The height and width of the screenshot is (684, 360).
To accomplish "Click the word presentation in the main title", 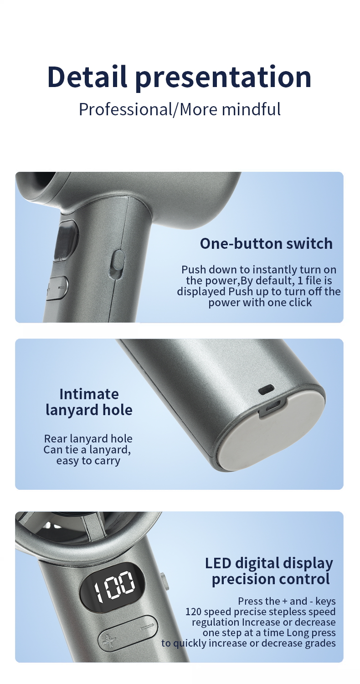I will [x=223, y=77].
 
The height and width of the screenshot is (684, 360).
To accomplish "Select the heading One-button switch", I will [x=266, y=243].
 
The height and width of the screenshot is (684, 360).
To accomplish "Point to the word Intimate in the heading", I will [x=89, y=394].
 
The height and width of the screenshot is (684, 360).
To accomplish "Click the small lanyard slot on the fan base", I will [x=266, y=390].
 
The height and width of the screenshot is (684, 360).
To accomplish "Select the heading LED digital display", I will [x=269, y=563].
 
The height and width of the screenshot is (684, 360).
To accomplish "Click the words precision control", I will [x=271, y=579].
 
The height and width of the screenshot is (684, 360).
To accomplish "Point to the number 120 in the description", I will [x=194, y=612].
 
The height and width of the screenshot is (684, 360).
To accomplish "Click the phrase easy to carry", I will [x=88, y=461].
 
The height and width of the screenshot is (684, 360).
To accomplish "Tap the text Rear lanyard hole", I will [x=88, y=439].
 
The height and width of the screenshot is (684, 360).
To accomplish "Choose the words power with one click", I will [x=260, y=302].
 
